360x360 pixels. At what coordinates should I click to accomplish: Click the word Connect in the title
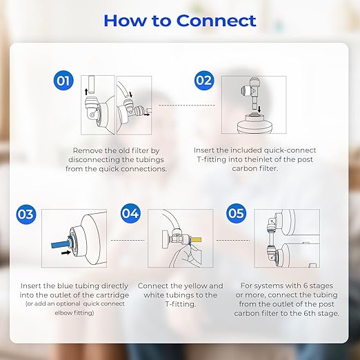tap(216, 20)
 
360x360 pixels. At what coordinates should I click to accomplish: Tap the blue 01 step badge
tap(64, 81)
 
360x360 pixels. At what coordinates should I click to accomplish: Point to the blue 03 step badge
tap(26, 214)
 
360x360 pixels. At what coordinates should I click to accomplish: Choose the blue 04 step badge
tap(130, 213)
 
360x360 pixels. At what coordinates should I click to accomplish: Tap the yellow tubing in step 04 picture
tap(195, 239)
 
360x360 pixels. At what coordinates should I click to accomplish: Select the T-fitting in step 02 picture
tap(254, 92)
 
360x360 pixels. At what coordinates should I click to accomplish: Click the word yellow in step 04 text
tap(203, 286)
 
